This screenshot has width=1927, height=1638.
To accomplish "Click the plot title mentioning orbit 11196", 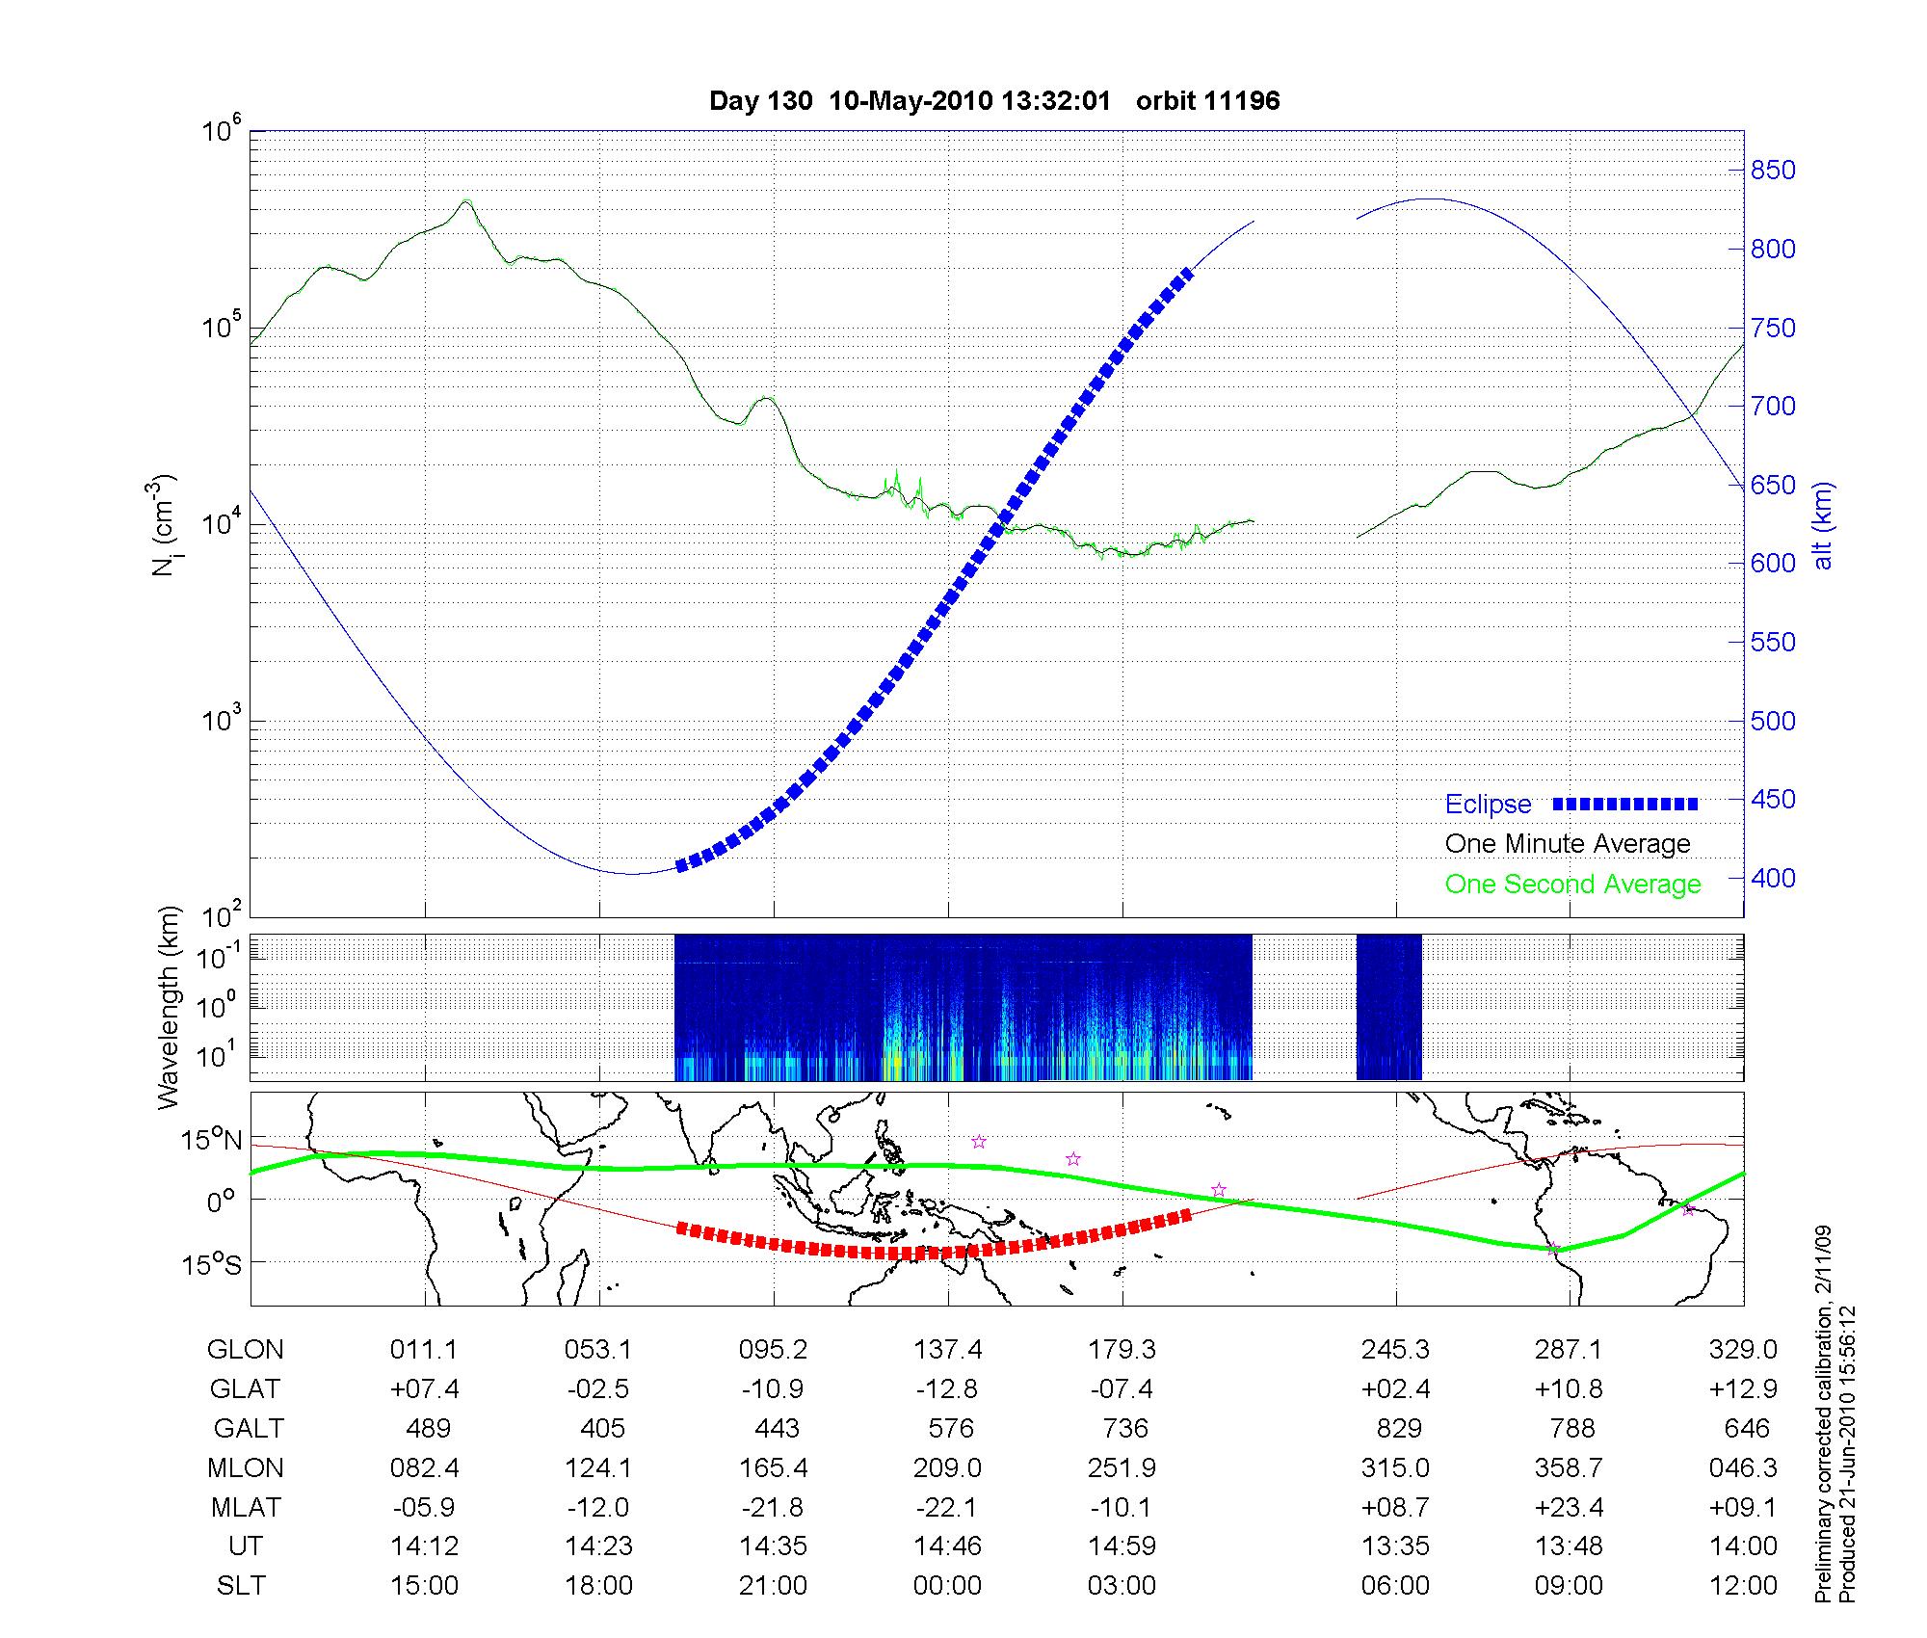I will (993, 101).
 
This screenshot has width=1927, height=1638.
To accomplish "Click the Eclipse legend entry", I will (1488, 805).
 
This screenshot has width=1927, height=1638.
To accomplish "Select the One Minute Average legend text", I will (1568, 844).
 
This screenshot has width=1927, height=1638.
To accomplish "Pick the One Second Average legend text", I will (1572, 885).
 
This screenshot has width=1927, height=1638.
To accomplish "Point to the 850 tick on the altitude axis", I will (1773, 171).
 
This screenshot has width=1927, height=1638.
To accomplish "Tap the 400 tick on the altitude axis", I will (1773, 878).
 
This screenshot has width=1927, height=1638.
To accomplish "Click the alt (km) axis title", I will (1824, 525).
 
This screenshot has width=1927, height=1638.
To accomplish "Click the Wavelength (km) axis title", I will (169, 1007).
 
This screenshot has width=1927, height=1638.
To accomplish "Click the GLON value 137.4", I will (948, 1349).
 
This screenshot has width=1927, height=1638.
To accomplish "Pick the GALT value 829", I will (1399, 1428).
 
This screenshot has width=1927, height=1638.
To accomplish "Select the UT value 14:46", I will (948, 1546).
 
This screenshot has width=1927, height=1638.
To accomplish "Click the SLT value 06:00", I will (1396, 1586).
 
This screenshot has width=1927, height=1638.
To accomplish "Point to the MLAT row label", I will (246, 1507).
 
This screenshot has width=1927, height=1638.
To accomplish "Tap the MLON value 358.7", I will (1570, 1467).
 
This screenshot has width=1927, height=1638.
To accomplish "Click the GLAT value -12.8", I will (948, 1388).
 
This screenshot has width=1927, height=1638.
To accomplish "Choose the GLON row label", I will (246, 1349).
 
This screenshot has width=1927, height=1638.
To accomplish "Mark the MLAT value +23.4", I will (1570, 1507).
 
